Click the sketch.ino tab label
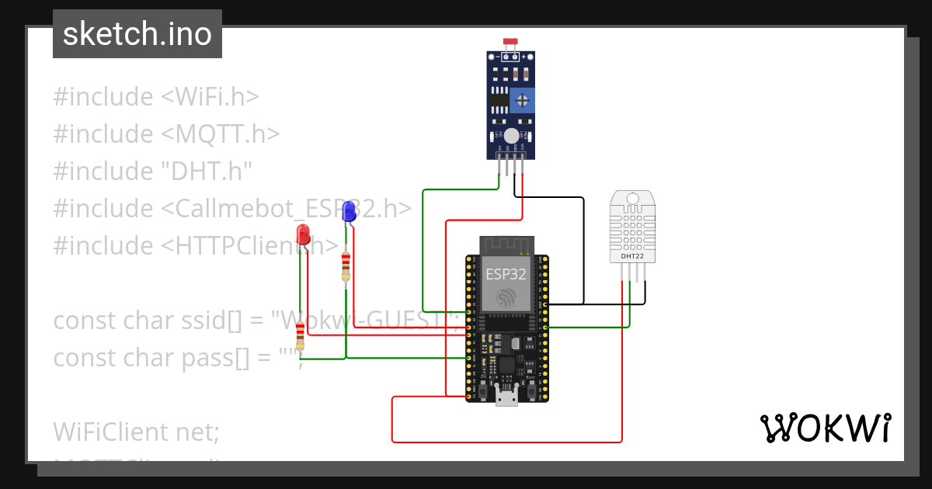click(x=137, y=34)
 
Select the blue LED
click(x=349, y=210)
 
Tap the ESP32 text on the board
click(x=506, y=274)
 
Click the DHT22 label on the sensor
click(x=632, y=255)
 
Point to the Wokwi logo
click(x=825, y=428)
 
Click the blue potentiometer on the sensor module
click(x=523, y=99)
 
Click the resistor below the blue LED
click(x=346, y=266)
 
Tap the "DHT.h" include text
click(x=207, y=172)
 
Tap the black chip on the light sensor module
click(x=500, y=99)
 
